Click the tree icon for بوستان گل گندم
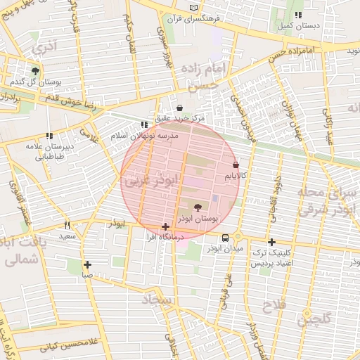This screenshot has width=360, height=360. tap(35, 71)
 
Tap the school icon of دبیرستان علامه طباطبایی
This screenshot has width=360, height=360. tap(49, 136)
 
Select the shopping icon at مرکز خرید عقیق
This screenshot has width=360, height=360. tap(180, 108)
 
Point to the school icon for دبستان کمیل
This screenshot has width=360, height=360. tap(298, 14)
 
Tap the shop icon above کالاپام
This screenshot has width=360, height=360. tap(235, 164)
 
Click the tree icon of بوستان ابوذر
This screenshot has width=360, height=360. tap(196, 207)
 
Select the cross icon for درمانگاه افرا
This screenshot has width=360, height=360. tap(165, 226)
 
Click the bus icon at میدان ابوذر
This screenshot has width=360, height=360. tap(224, 238)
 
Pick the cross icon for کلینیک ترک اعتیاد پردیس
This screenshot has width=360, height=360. tap(271, 242)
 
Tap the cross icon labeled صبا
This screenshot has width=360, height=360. tap(87, 265)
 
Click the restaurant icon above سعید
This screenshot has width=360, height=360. tap(67, 226)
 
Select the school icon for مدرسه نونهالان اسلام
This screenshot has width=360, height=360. tap(144, 124)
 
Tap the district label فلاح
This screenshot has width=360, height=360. tap(272, 306)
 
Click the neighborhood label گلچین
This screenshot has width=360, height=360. tap(312, 321)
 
